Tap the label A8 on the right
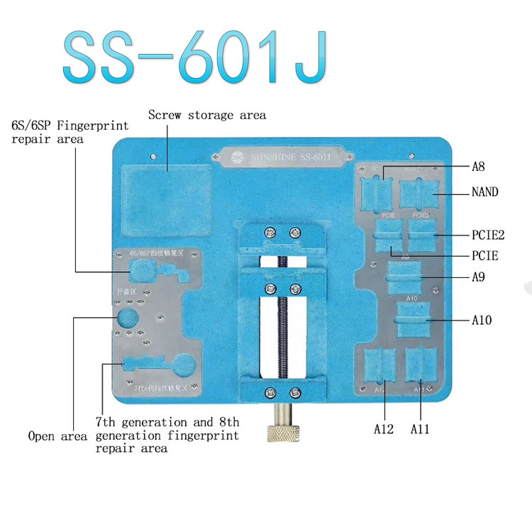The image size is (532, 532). [x=480, y=167]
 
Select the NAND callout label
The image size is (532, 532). [x=484, y=192]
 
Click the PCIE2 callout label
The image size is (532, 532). [x=487, y=233]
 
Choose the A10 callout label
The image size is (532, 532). [x=482, y=321]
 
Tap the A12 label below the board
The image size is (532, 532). [x=384, y=428]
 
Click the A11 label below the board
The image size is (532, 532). [x=420, y=428]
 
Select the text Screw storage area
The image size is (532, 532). [x=207, y=115]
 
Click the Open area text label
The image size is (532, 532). [x=57, y=436]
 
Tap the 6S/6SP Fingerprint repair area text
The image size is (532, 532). [x=70, y=132]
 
